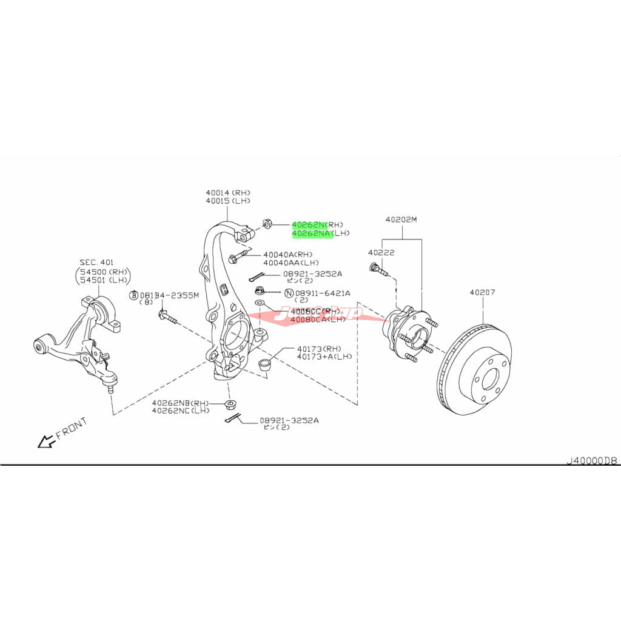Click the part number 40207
tap(482, 292)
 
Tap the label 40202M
tap(401, 220)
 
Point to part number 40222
tap(381, 252)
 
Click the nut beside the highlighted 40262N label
tap(267, 224)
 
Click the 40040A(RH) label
tap(287, 254)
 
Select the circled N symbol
tap(289, 293)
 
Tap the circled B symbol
tap(133, 295)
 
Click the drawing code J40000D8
tap(591, 460)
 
